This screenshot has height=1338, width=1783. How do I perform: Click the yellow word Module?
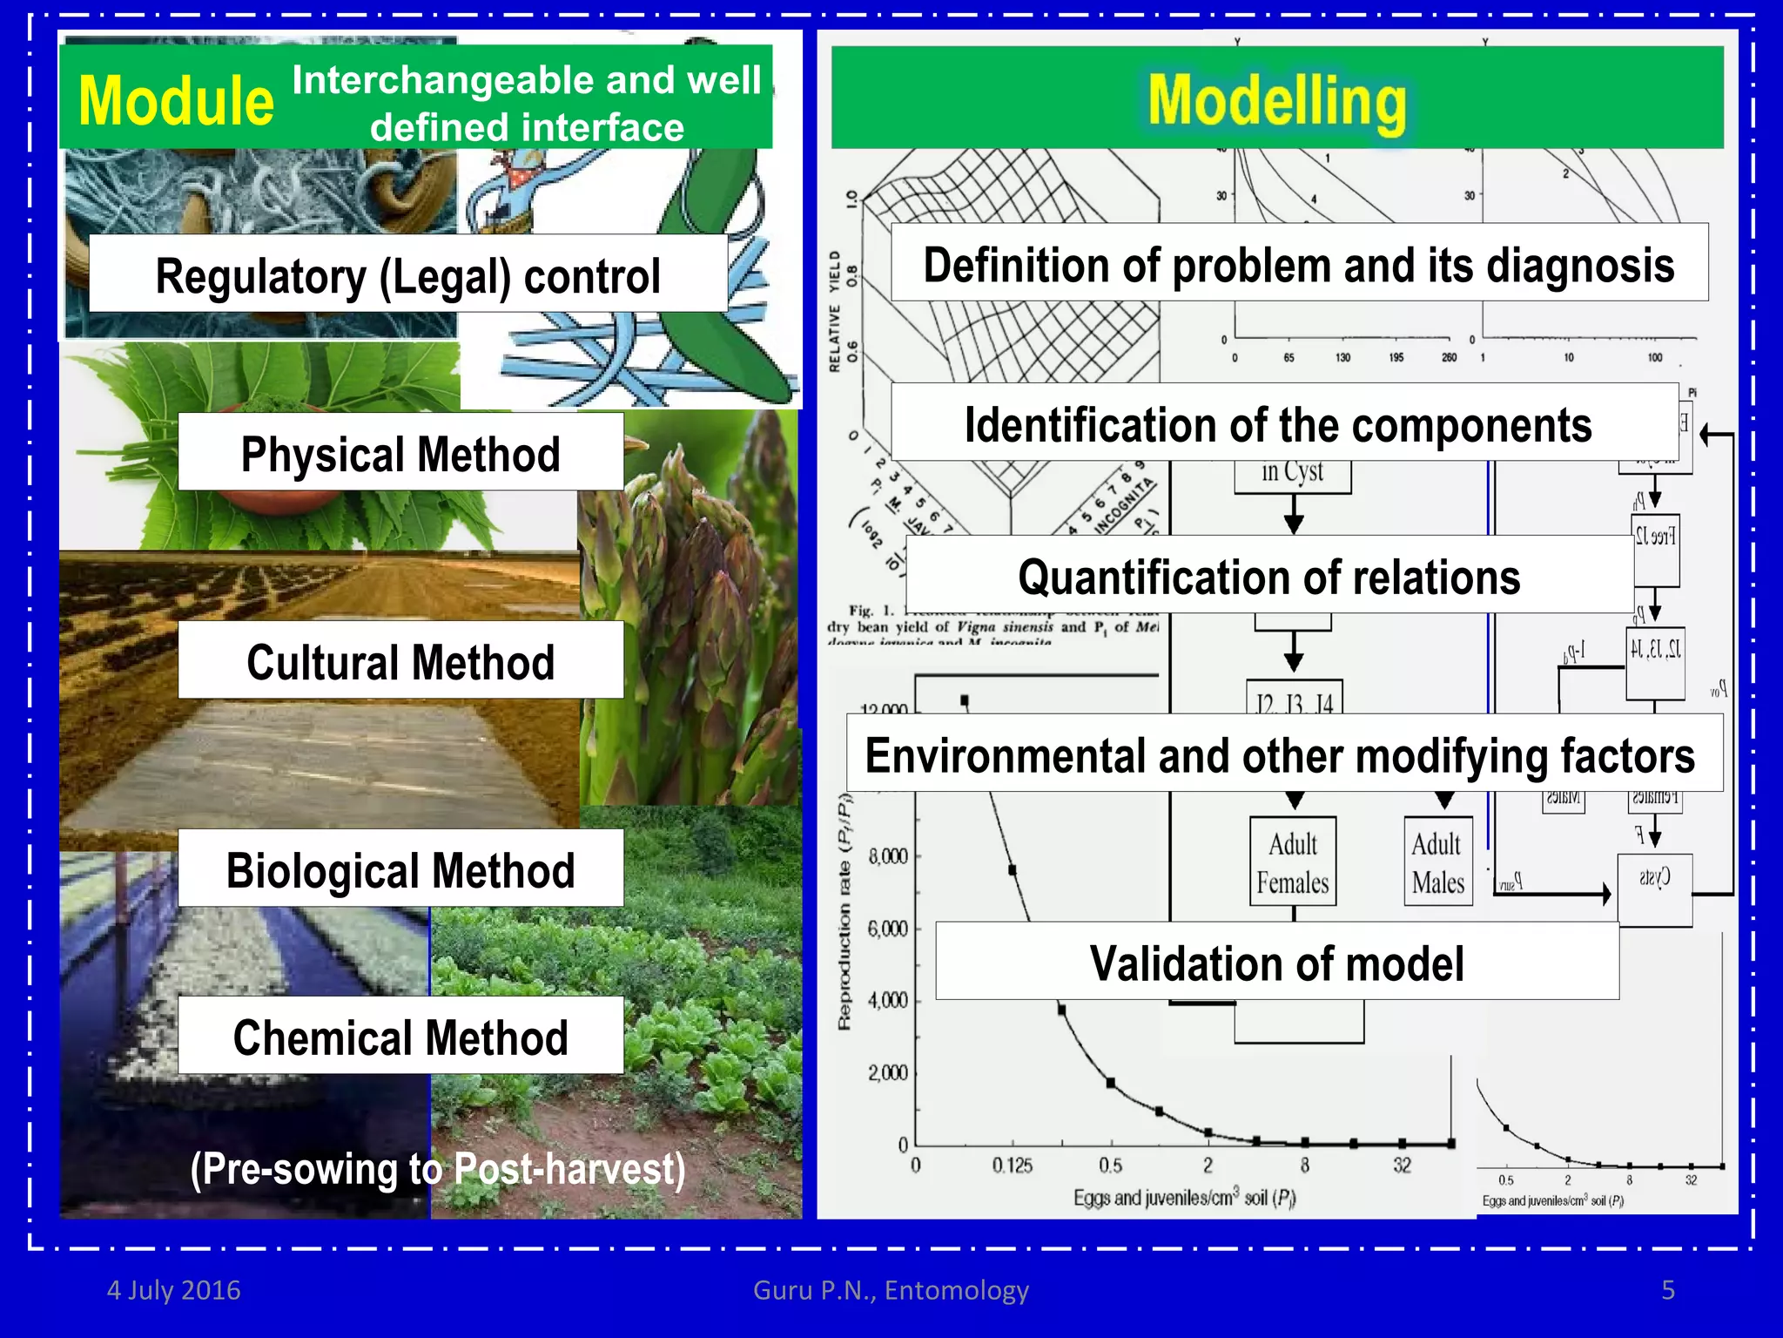(x=176, y=101)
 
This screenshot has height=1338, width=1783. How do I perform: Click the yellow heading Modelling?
(x=1276, y=101)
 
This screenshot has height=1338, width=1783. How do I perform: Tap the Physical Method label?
(x=400, y=453)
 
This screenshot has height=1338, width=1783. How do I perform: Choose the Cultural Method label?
(x=400, y=661)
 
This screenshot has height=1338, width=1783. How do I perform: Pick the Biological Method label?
(x=400, y=869)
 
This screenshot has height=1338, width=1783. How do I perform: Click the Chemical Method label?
(x=400, y=1037)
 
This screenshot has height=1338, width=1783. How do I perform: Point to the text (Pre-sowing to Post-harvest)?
(x=438, y=1168)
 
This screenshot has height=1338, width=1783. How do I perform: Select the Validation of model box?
(x=1276, y=963)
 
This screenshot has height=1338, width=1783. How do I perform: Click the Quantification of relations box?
(x=1268, y=576)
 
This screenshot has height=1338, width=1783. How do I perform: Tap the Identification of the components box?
(x=1278, y=423)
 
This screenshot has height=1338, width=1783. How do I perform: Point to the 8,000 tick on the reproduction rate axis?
(x=888, y=856)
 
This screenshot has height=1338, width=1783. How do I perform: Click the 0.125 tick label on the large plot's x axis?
(x=1012, y=1166)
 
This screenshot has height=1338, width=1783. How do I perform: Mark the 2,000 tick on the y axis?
(x=888, y=1072)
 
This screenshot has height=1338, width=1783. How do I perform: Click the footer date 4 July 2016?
(x=173, y=1289)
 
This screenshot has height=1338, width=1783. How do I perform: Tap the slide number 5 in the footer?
(x=1667, y=1289)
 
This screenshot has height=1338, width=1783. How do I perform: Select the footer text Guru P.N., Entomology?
(x=891, y=1289)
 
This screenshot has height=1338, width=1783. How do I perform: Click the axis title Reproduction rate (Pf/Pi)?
(x=844, y=911)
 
